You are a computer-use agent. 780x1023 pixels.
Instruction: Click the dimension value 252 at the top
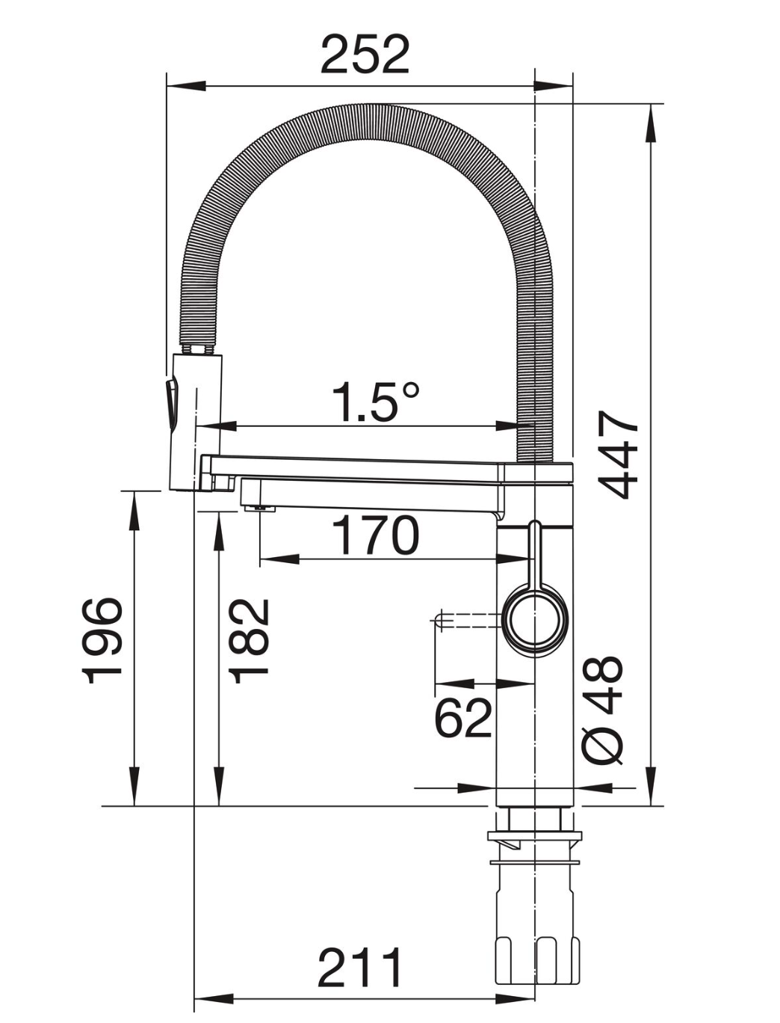point(365,54)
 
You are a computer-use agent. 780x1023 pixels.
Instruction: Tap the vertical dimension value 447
point(620,454)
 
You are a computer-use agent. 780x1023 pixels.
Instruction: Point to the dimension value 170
point(375,535)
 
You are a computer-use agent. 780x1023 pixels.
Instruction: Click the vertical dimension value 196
point(102,640)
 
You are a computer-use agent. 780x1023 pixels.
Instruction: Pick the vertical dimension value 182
point(249,640)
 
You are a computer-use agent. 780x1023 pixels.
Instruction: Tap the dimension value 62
point(463,718)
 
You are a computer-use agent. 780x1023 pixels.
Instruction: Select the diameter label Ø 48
point(602,710)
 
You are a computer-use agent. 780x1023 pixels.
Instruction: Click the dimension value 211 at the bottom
point(360,968)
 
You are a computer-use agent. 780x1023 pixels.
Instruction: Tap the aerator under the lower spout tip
point(259,509)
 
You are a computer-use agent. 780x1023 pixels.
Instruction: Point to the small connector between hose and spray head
point(198,349)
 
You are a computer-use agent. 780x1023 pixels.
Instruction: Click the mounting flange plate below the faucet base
point(534,836)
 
